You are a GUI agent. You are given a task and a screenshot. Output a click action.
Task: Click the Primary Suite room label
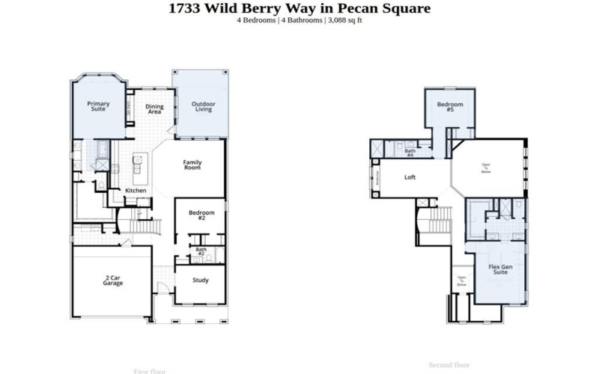tap(98, 106)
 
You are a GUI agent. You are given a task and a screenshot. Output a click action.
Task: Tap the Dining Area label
tap(154, 109)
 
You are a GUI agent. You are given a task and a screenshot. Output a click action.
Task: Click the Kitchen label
tap(136, 191)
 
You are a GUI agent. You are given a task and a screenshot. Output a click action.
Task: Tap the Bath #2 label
tap(201, 252)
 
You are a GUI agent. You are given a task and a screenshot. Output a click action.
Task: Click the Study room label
tap(200, 280)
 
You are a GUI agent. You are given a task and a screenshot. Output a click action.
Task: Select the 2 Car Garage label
tap(113, 281)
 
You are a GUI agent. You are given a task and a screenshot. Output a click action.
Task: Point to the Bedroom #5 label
tap(450, 107)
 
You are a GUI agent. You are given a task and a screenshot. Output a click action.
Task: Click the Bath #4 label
tap(410, 153)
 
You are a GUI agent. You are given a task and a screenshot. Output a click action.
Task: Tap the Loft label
tap(410, 177)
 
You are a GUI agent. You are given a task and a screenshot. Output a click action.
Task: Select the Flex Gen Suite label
tap(500, 270)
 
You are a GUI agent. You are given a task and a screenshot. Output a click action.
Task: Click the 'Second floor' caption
tap(449, 365)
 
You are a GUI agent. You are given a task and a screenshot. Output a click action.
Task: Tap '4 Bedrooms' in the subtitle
tap(256, 19)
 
